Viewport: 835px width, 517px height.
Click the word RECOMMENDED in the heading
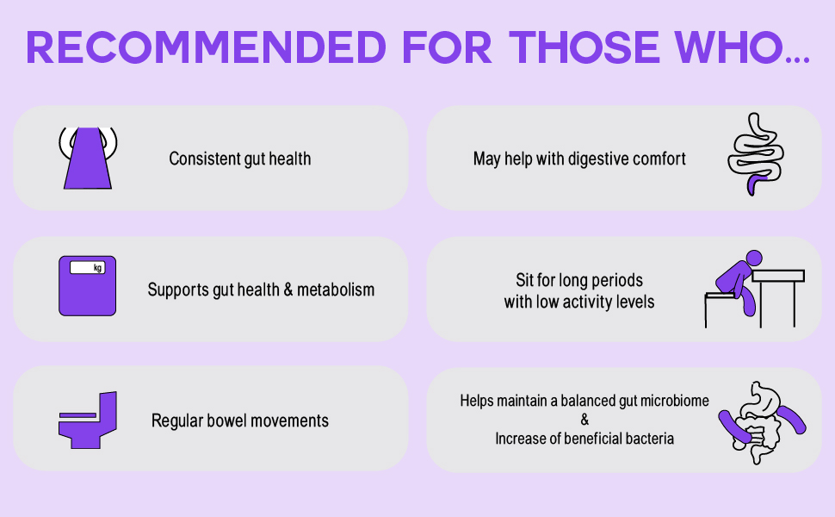pyautogui.click(x=206, y=47)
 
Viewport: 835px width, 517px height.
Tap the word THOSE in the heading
pyautogui.click(x=584, y=47)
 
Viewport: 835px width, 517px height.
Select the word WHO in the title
pyautogui.click(x=729, y=47)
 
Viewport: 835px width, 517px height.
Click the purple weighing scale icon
pyautogui.click(x=87, y=286)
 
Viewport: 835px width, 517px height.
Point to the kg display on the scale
pyautogui.click(x=88, y=268)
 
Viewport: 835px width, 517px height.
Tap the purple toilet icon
pyautogui.click(x=87, y=420)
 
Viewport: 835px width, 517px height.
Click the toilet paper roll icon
pyautogui.click(x=88, y=158)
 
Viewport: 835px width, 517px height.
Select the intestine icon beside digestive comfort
pyautogui.click(x=756, y=154)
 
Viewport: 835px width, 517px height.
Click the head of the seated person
pyautogui.click(x=754, y=258)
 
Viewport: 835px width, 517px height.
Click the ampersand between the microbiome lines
pyautogui.click(x=584, y=420)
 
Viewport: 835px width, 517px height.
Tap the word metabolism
pyautogui.click(x=336, y=290)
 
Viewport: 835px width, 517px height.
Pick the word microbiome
pyautogui.click(x=675, y=401)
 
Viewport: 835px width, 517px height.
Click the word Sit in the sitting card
pyautogui.click(x=524, y=280)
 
